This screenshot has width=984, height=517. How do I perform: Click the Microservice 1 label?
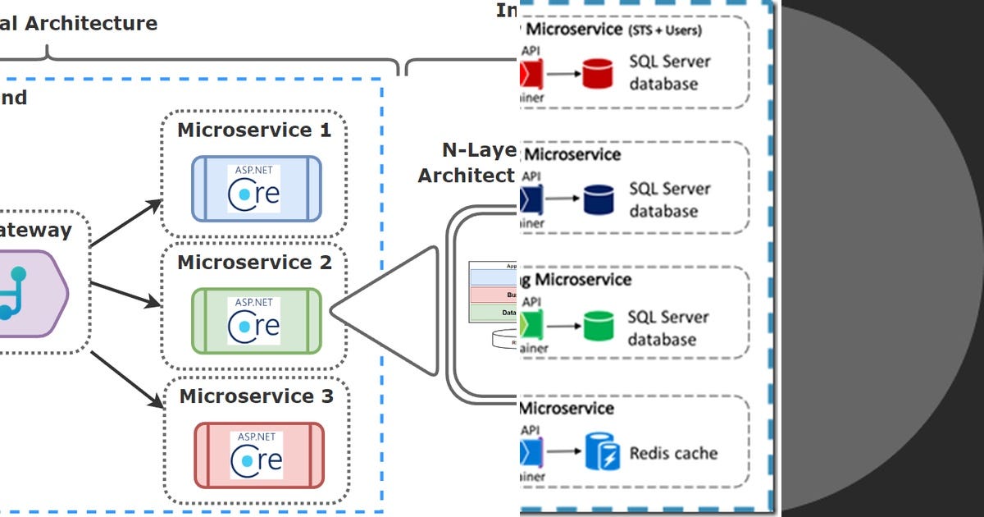pos(254,130)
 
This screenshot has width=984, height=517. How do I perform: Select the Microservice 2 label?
pos(254,263)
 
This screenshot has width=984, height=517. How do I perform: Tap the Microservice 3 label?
pos(256,396)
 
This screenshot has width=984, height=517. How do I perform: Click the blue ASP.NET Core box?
pos(256,189)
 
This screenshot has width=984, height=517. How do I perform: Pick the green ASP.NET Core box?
pos(256,321)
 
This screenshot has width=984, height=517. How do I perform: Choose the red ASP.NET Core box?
pos(257,455)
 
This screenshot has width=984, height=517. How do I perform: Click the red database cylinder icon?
pos(598,73)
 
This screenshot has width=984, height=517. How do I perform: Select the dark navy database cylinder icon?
pos(598,199)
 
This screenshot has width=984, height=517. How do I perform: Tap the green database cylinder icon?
pos(598,327)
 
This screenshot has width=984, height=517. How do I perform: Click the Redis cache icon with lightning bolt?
pos(602,453)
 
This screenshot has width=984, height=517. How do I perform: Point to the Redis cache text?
pos(673,453)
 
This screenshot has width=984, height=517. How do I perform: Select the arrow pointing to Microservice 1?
pos(125,222)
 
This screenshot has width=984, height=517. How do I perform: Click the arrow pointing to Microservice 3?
pos(125,378)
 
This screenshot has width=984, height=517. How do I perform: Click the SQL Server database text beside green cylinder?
pos(663,327)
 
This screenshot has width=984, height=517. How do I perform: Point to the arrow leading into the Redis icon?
pos(561,453)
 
